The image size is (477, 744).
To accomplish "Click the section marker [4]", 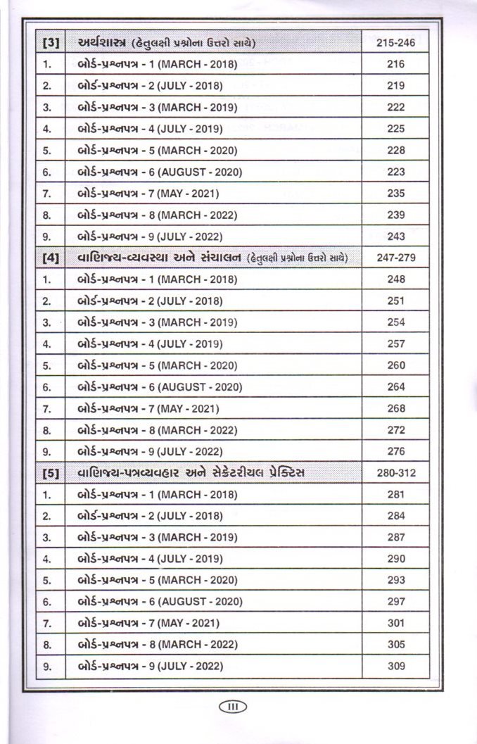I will [50, 258].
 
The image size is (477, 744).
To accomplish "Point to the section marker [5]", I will [50, 473].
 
